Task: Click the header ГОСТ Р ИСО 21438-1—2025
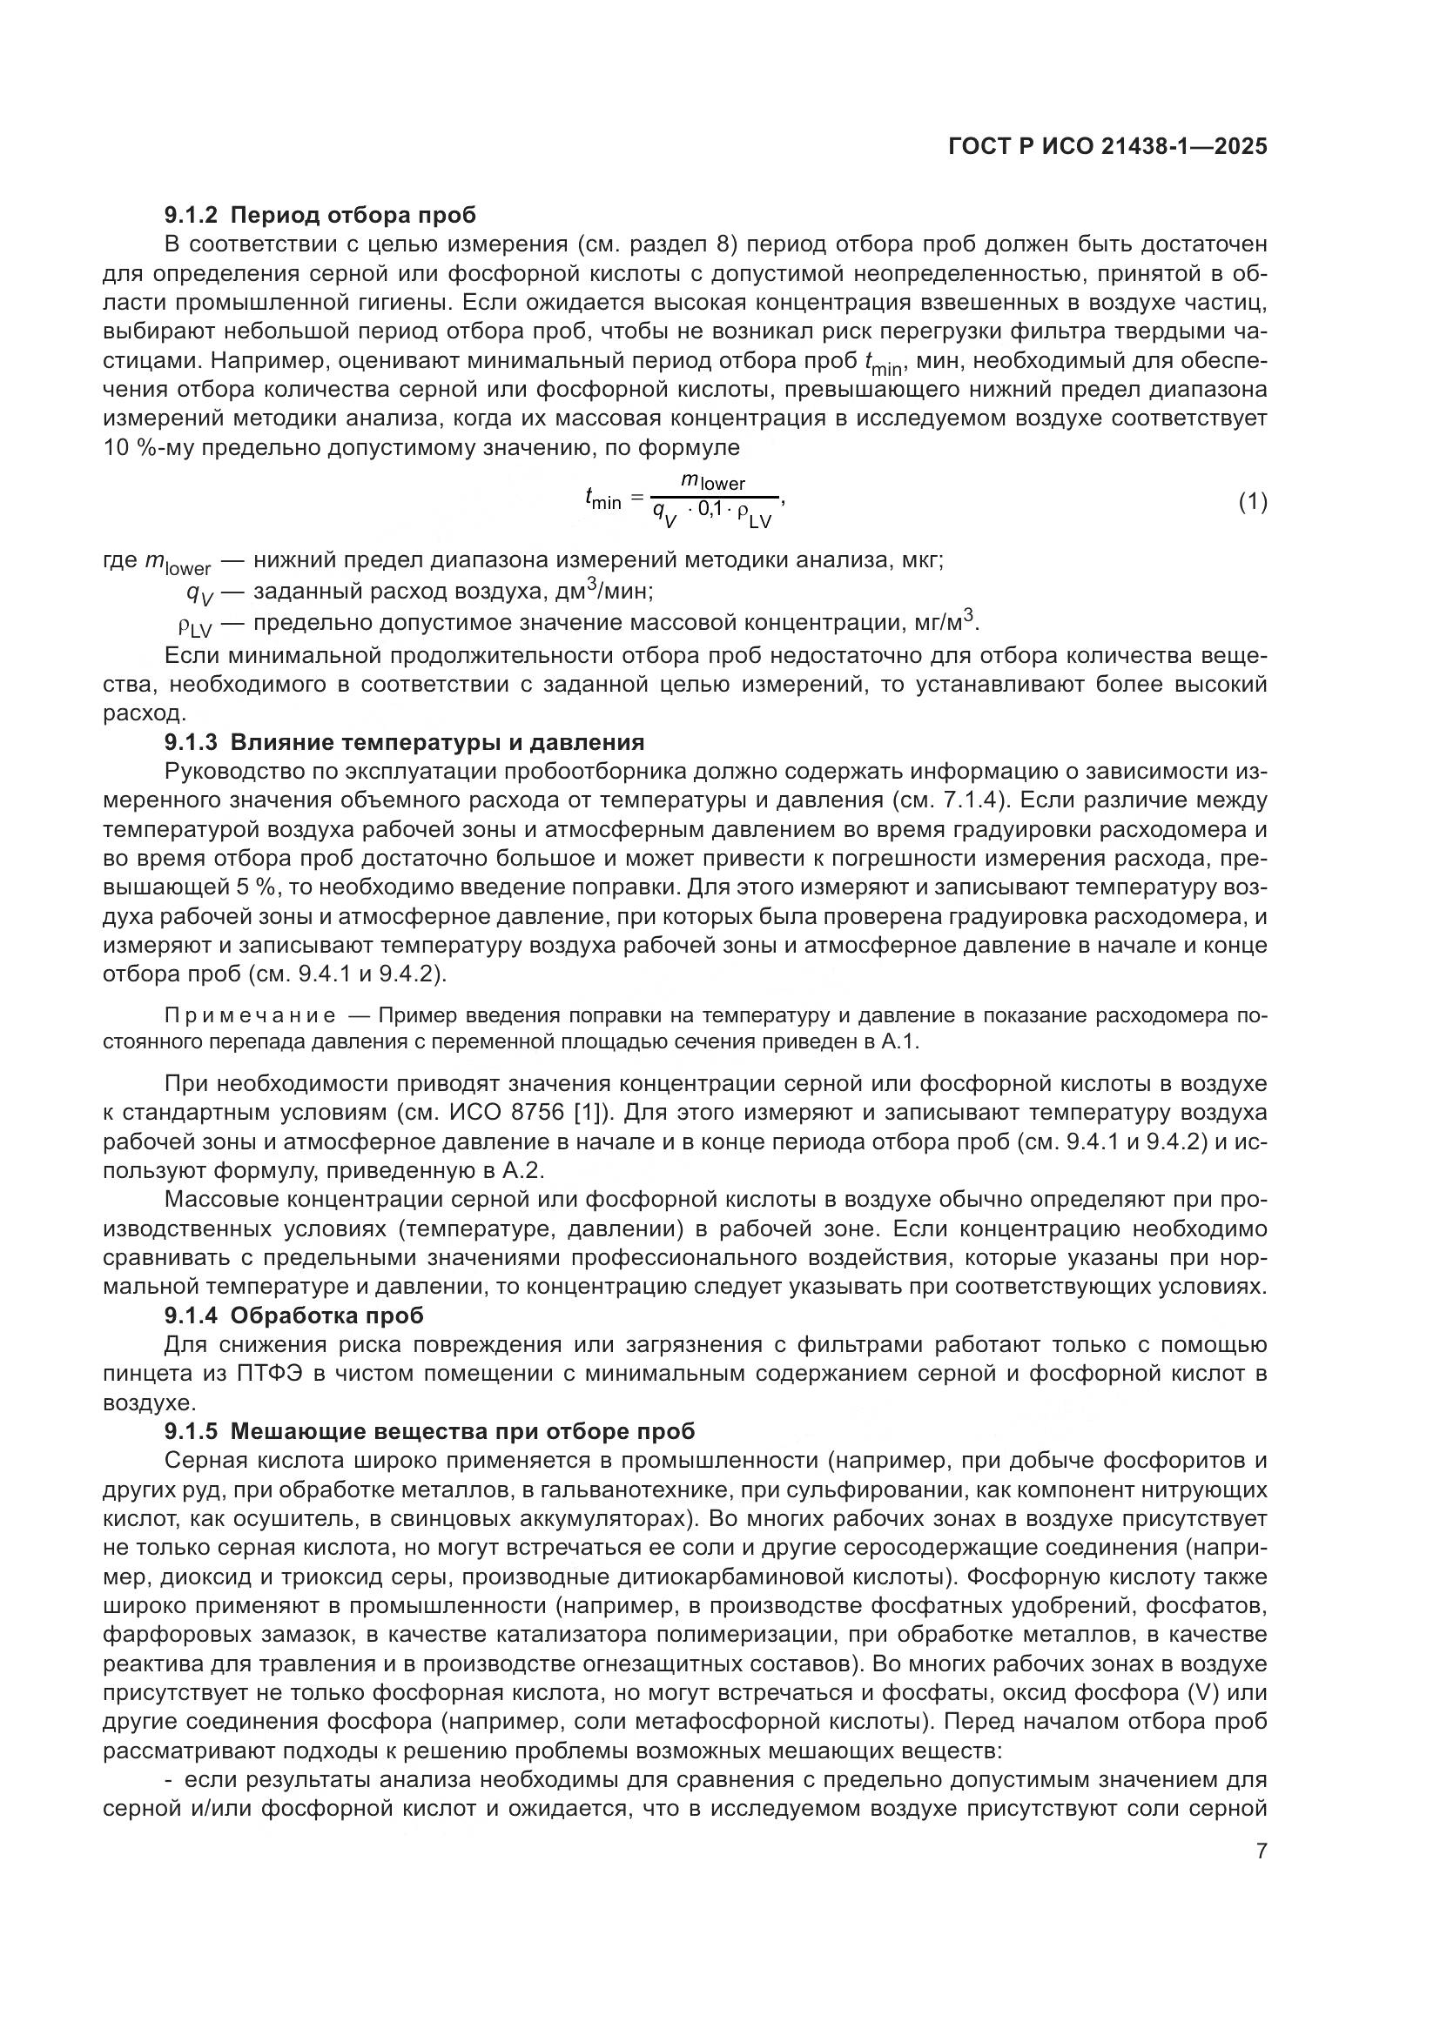coord(1107,146)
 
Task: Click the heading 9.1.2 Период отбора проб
coord(320,215)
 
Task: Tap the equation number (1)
coord(1252,503)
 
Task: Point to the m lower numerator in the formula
coord(713,482)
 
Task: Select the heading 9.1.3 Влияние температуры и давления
coord(404,741)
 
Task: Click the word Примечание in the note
coord(250,1015)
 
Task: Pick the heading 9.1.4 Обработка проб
coord(294,1315)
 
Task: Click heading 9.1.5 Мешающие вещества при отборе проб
coord(430,1431)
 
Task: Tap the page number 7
coord(1262,1851)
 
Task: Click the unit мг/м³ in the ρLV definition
coord(945,621)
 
